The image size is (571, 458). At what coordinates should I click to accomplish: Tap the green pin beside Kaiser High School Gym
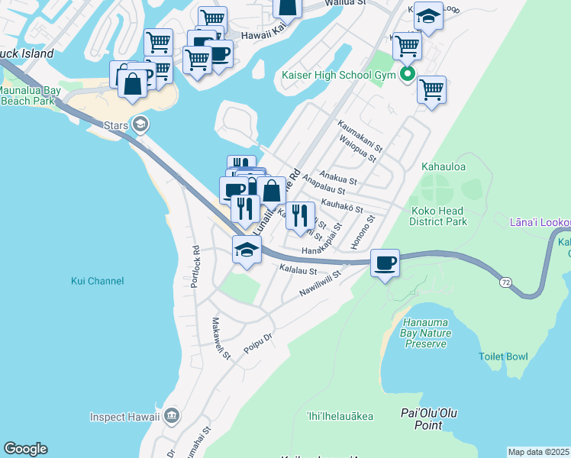click(x=408, y=74)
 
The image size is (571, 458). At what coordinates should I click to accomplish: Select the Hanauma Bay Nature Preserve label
click(x=425, y=333)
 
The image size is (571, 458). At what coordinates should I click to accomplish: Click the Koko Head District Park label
click(x=437, y=216)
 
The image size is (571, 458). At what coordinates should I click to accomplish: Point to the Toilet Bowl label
click(x=503, y=356)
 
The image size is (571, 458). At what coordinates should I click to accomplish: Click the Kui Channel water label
click(x=97, y=281)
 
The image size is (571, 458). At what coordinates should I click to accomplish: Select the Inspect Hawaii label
click(x=124, y=417)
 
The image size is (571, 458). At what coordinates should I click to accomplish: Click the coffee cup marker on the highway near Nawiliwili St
click(x=386, y=263)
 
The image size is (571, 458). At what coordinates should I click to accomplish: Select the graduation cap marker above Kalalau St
click(x=247, y=250)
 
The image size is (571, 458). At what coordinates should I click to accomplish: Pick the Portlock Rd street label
click(x=196, y=260)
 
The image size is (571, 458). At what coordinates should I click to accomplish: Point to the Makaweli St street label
click(x=221, y=340)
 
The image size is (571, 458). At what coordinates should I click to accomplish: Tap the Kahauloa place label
click(x=444, y=166)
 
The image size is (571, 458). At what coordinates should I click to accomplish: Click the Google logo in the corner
click(x=25, y=449)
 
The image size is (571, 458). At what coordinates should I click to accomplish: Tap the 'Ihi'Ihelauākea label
click(x=340, y=416)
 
